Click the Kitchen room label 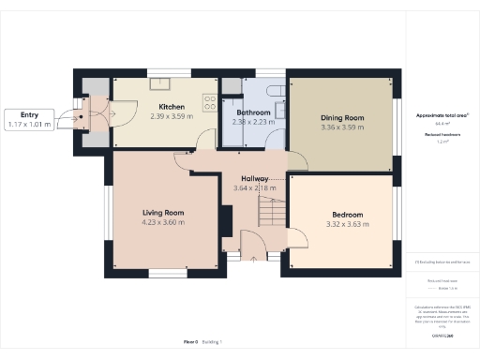(x=171, y=107)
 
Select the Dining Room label (x=342, y=118)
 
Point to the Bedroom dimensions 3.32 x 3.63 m (x=344, y=224)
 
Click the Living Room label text (x=163, y=213)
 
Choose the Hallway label (x=255, y=178)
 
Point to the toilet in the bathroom (x=275, y=88)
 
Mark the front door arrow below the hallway (x=254, y=257)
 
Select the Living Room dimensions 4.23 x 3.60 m (x=163, y=223)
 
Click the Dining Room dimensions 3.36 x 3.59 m (x=342, y=127)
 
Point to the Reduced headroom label (x=441, y=134)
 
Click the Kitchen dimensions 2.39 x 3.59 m (x=171, y=117)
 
